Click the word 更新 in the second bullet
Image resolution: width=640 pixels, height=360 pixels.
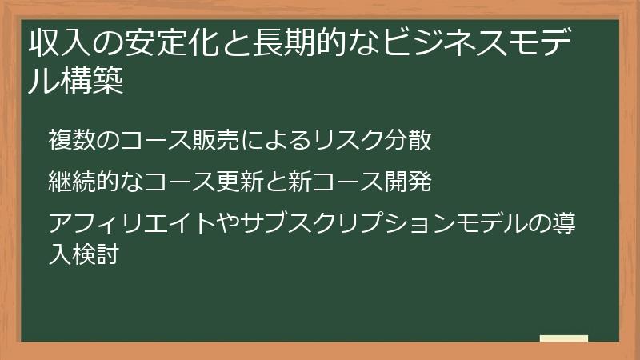click(x=234, y=182)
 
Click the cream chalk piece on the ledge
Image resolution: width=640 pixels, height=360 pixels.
click(x=564, y=338)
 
